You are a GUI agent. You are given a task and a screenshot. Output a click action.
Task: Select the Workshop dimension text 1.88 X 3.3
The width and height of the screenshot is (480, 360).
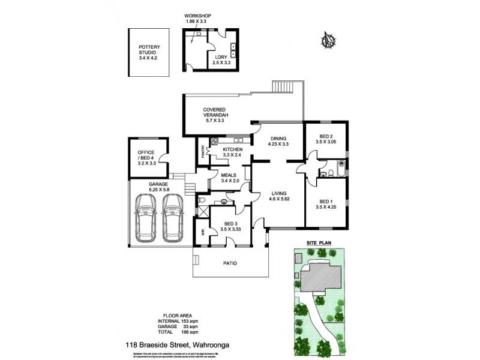pyautogui.click(x=198, y=22)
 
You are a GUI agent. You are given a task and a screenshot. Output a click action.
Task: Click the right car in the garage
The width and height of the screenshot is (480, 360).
pyautogui.click(x=173, y=218)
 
